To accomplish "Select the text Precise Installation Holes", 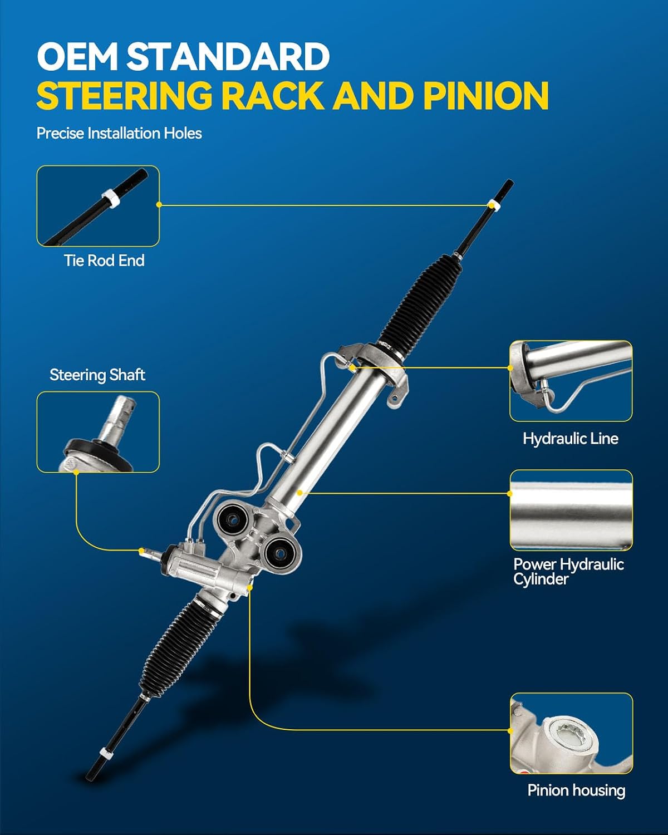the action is [119, 133].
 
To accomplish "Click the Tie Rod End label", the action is [104, 261].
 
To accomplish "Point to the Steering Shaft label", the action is [97, 375].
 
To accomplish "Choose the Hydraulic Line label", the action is [571, 439].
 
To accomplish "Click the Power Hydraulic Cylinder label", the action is [568, 572].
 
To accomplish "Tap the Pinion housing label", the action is [576, 790].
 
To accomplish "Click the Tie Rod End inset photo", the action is [98, 206].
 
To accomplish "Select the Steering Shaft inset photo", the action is [98, 432].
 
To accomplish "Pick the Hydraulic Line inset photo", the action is [571, 381].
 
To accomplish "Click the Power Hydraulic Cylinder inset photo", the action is [571, 510].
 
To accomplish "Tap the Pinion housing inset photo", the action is [571, 733].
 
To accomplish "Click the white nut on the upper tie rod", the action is [493, 204].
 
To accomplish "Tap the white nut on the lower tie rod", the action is [106, 754].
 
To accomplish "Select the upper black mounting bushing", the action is [233, 519].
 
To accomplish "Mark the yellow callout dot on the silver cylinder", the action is [299, 493].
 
